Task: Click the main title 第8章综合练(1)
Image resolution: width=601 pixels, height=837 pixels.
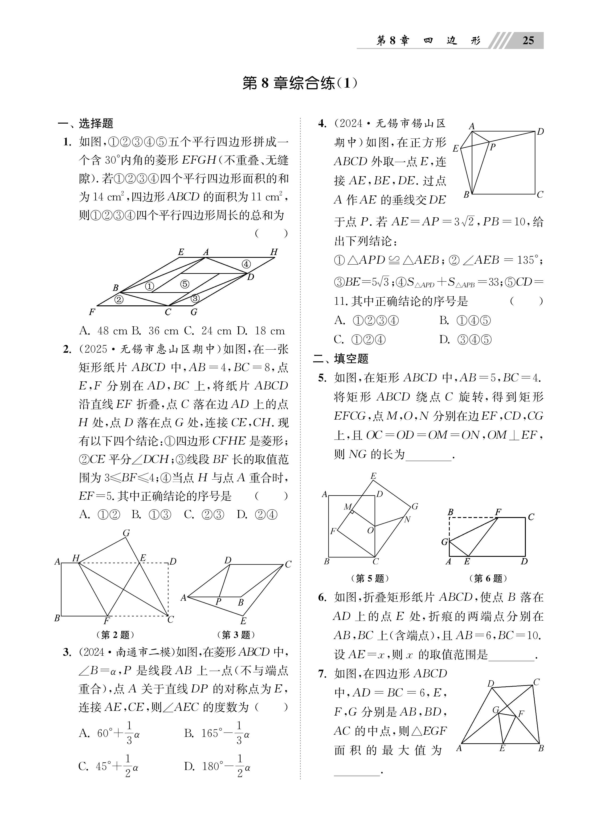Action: (x=300, y=83)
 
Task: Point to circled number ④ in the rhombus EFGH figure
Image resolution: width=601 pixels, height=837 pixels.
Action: (x=246, y=264)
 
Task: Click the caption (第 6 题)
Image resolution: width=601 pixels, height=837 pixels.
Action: (x=488, y=578)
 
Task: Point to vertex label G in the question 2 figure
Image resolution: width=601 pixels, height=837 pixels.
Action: (x=126, y=533)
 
